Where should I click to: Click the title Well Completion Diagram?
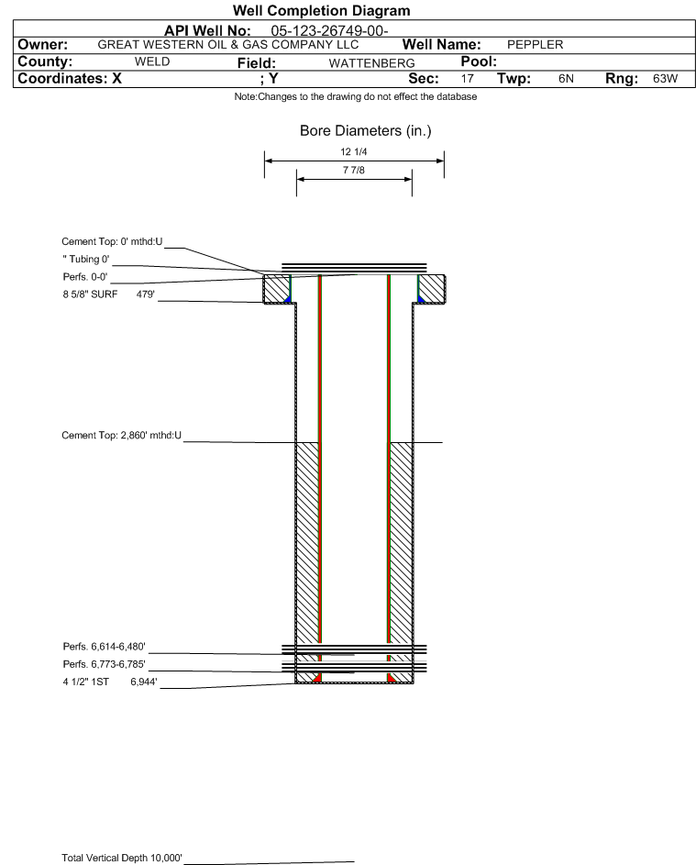(322, 10)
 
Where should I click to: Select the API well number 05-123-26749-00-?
(329, 31)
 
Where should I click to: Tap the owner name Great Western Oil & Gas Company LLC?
(227, 45)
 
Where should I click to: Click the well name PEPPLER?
(535, 45)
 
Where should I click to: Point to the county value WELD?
(152, 61)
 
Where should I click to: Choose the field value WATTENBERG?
(371, 63)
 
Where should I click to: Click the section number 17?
(467, 78)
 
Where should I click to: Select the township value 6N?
(566, 78)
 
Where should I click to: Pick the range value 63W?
(665, 78)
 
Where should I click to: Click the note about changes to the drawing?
(355, 96)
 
